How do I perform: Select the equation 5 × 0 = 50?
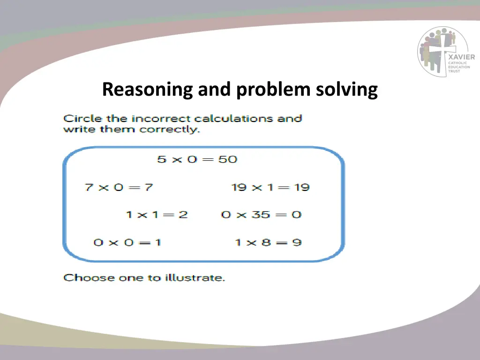tap(197, 159)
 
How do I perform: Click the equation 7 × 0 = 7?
tap(119, 187)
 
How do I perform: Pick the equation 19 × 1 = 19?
tap(270, 187)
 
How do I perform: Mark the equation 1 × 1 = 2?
tap(157, 215)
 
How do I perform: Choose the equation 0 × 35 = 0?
tap(261, 215)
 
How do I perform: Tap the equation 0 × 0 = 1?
tap(127, 242)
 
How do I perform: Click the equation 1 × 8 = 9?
tap(268, 242)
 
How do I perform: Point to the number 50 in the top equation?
tap(228, 159)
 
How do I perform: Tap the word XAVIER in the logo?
tap(461, 58)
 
